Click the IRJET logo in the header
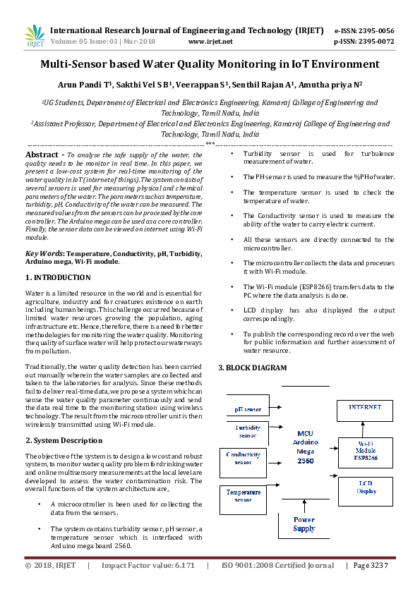(x=35, y=36)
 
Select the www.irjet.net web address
(x=210, y=42)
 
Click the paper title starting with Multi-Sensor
(x=210, y=64)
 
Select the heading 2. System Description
(x=64, y=440)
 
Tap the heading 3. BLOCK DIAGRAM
(x=252, y=368)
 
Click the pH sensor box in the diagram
(x=248, y=409)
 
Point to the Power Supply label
(x=304, y=523)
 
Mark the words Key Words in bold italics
(x=44, y=253)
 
